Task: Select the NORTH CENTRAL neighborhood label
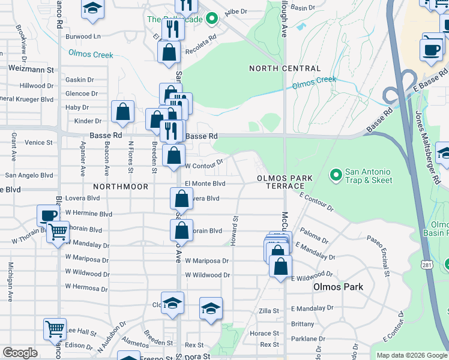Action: coord(285,69)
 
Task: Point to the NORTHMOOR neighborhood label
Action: coord(121,187)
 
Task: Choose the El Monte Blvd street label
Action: coord(205,184)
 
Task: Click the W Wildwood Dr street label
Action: coord(207,275)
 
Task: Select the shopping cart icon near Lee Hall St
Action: coord(55,328)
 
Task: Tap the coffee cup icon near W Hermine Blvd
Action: coord(47,215)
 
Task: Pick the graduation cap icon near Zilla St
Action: coord(211,308)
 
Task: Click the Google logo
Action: coord(20,353)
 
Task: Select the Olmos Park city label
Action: coord(338,287)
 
